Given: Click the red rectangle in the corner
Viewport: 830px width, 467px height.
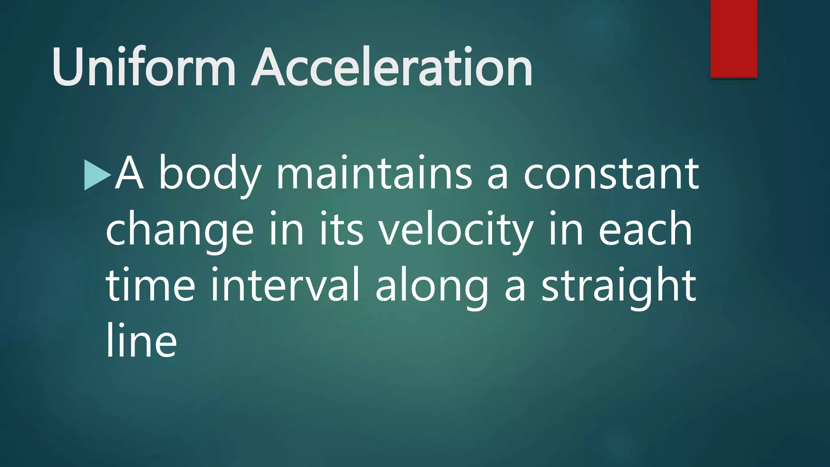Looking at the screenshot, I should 734,39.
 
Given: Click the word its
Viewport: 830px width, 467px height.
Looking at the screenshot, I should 341,229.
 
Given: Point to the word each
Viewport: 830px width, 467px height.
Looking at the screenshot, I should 645,229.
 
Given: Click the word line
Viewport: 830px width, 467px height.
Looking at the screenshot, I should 141,341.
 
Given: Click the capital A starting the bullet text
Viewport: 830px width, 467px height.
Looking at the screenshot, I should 129,174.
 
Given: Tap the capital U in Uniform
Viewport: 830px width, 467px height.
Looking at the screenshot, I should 68,67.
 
